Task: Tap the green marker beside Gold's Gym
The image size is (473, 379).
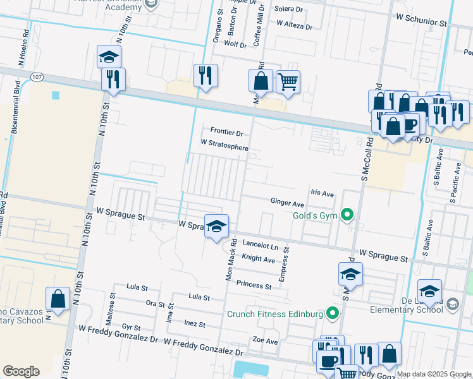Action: [x=347, y=216]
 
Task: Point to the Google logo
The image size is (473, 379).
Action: [x=21, y=371]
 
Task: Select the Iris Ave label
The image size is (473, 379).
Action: [x=322, y=193]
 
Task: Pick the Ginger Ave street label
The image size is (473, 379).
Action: [x=288, y=204]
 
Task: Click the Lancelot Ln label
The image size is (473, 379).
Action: [x=260, y=244]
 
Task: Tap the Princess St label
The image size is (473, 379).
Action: [x=254, y=286]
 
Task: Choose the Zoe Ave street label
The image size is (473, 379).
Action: [x=265, y=341]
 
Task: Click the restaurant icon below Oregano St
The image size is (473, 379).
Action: [x=206, y=76]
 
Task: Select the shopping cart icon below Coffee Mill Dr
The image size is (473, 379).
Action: [x=288, y=81]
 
